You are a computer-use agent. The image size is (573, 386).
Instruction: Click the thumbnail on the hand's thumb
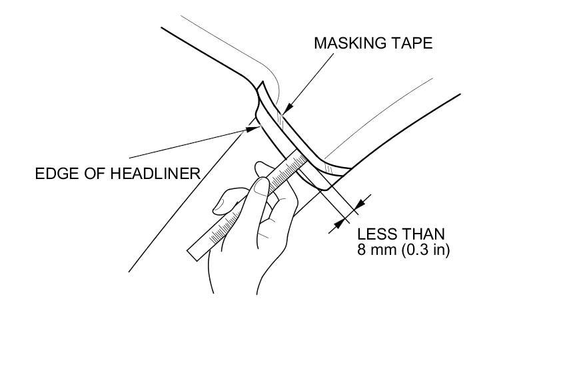[x=260, y=188]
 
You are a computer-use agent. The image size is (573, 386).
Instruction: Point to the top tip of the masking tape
[x=262, y=83]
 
